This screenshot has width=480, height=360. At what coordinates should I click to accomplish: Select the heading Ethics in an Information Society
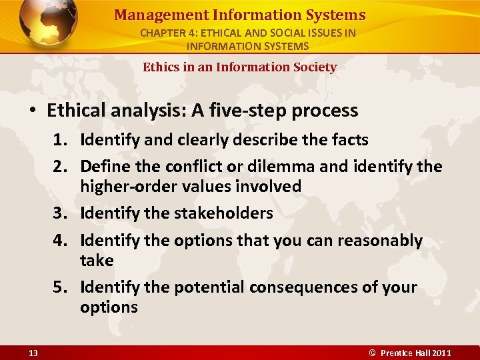click(x=239, y=67)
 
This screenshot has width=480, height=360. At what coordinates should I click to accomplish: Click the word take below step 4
click(x=97, y=260)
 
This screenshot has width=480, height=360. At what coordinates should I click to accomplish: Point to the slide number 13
click(x=33, y=353)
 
